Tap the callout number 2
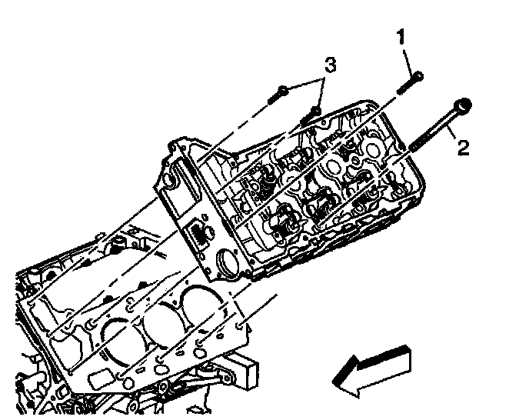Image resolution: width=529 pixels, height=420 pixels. coord(463,147)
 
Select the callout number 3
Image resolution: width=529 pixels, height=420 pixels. coord(329,65)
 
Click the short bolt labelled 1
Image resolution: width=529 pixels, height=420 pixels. coord(409,82)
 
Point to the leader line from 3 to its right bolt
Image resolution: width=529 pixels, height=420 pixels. coord(322,92)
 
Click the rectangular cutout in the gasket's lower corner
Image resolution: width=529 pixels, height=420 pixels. coord(101,379)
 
